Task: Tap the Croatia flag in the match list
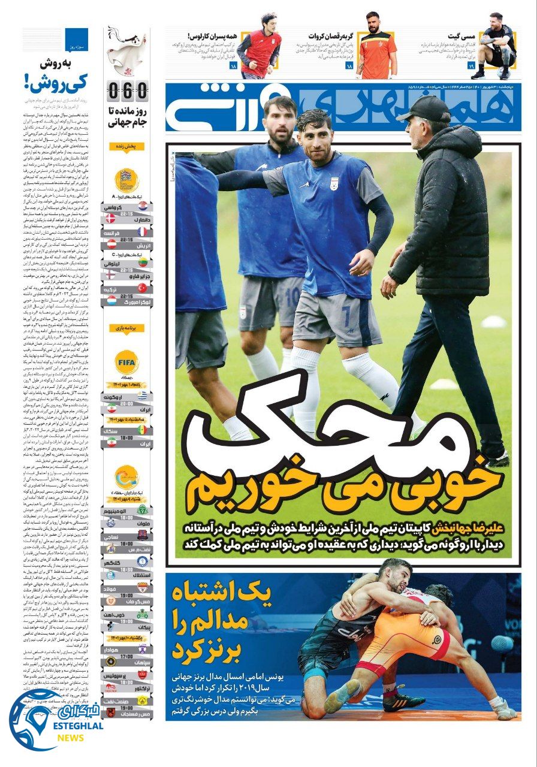141,206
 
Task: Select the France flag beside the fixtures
141,231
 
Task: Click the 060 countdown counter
128,92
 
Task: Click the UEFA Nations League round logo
127,180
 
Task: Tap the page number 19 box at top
471,65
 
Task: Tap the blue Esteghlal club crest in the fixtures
141,561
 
